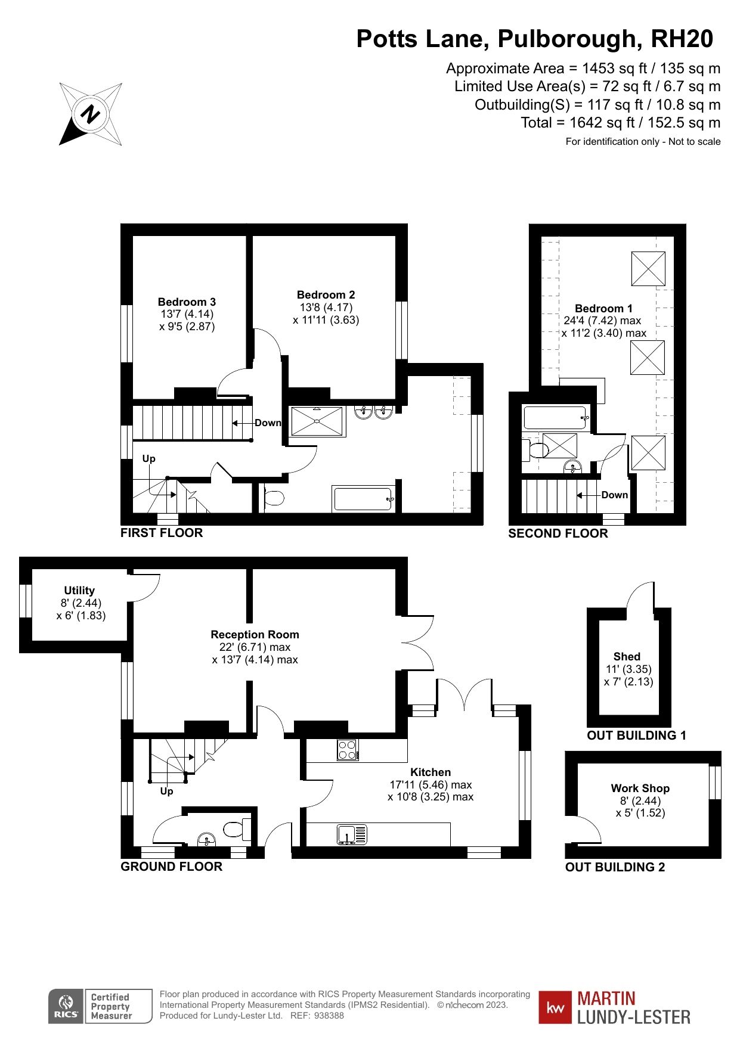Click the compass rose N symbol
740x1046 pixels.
click(91, 113)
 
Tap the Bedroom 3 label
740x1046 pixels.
click(187, 302)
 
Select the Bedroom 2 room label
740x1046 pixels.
click(326, 295)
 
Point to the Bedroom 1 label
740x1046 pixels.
click(603, 309)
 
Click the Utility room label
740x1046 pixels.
click(79, 591)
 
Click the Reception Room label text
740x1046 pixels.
click(255, 635)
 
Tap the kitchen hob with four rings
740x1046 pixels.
click(347, 750)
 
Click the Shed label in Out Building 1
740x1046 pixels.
click(627, 656)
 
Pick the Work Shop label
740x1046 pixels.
click(640, 788)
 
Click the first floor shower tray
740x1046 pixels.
click(317, 421)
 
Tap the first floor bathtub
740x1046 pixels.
click(363, 498)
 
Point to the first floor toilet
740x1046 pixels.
click(274, 497)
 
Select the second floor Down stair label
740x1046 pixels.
click(614, 495)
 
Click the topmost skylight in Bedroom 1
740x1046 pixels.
click(648, 269)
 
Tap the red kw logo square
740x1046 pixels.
click(555, 1007)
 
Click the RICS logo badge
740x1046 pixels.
click(66, 1007)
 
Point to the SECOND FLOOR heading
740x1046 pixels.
click(558, 533)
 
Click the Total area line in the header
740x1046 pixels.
click(620, 123)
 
